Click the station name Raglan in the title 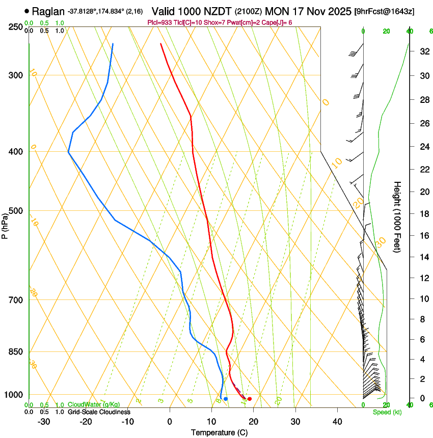49,11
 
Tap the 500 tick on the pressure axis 17,211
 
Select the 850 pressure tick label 17,351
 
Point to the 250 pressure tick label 17,27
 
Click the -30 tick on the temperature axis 44,421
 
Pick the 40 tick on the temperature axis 337,421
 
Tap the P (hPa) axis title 5,225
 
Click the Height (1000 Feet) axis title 398,216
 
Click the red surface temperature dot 250,399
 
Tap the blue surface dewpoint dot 226,399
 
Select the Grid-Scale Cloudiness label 99,412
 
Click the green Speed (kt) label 387,412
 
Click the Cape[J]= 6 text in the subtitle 277,22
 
